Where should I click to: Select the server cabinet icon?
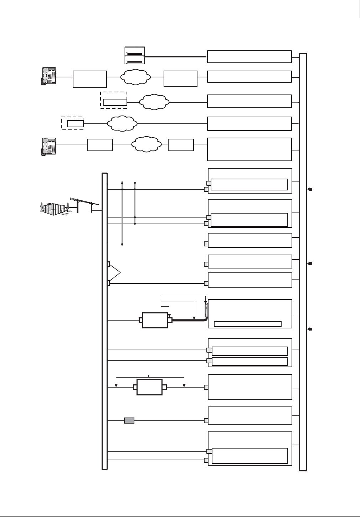(134, 55)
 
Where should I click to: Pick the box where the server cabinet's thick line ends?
(249, 57)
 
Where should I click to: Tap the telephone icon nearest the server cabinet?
(48, 76)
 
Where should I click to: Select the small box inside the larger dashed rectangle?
(115, 102)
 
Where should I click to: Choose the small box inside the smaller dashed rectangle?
(75, 124)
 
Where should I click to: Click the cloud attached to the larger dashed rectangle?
(154, 102)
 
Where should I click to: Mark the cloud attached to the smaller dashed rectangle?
(122, 124)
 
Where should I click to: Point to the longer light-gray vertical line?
(122, 213)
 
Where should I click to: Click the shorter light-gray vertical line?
(135, 203)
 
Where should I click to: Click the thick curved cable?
(189, 320)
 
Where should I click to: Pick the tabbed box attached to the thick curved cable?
(155, 320)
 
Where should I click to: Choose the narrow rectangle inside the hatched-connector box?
(247, 324)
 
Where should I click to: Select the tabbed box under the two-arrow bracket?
(149, 387)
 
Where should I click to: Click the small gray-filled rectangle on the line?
(129, 421)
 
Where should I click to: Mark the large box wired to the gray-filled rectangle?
(250, 415)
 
